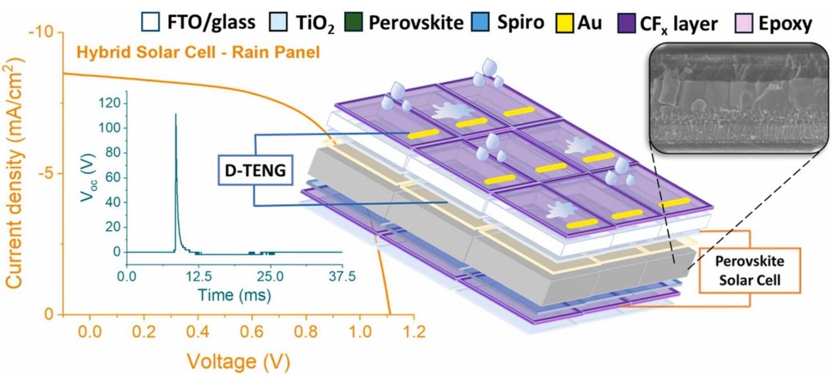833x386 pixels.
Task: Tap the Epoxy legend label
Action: [x=784, y=23]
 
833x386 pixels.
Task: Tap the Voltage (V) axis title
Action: [x=248, y=360]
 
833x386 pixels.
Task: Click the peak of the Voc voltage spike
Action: [x=175, y=114]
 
